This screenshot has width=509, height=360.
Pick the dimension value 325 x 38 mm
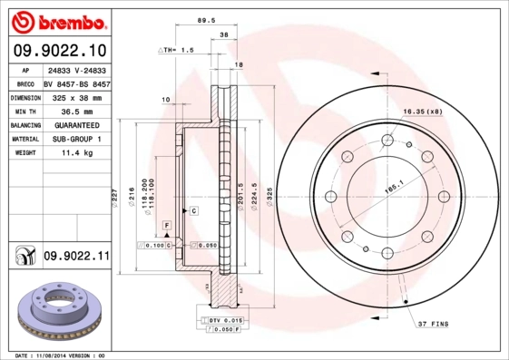76,95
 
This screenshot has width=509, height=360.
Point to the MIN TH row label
23,110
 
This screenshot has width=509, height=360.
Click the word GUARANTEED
76,124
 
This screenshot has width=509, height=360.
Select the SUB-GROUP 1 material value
76,139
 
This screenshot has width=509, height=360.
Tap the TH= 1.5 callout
177,50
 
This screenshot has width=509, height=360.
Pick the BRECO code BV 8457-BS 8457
76,81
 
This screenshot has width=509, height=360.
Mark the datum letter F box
167,223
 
